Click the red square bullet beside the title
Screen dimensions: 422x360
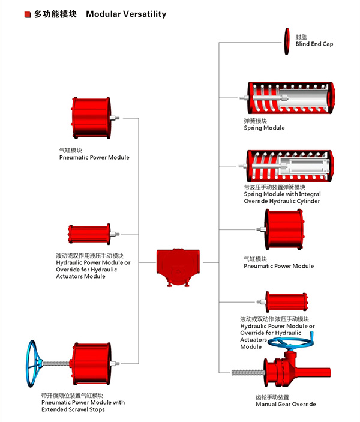coord(28,13)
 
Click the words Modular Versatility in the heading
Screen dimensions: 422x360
coord(126,13)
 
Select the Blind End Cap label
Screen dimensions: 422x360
coord(314,44)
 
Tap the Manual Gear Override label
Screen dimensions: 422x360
coord(285,404)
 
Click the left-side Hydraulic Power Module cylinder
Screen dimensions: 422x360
coord(89,234)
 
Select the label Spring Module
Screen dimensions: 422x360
coord(264,128)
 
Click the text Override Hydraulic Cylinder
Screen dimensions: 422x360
coord(281,202)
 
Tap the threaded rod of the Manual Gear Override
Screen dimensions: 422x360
coord(248,372)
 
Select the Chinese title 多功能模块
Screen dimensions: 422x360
coord(55,13)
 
